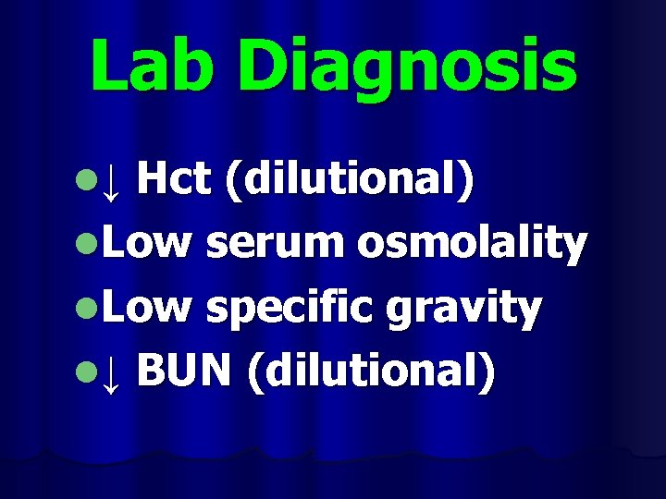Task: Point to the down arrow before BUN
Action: tap(111, 376)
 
